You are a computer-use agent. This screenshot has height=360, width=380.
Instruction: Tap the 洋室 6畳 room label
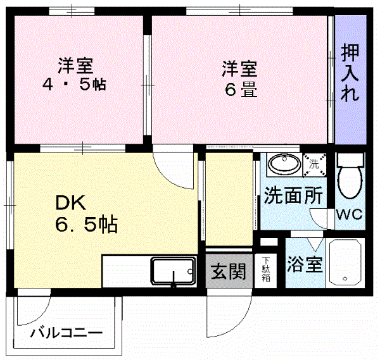(x=239, y=78)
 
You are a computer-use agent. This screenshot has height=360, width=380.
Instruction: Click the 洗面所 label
(x=293, y=196)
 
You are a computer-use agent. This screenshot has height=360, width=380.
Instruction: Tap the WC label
(x=349, y=213)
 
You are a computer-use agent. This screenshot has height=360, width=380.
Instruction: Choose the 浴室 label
(x=304, y=264)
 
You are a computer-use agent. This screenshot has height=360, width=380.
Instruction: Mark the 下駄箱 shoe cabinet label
(x=266, y=269)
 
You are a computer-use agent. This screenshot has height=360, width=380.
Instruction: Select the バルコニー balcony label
(x=66, y=332)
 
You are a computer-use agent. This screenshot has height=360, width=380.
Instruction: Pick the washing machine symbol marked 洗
(x=314, y=164)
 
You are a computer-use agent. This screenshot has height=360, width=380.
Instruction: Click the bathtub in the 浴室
(x=345, y=262)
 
